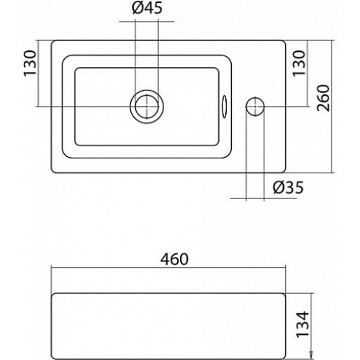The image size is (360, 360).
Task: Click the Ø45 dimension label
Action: click(147, 8)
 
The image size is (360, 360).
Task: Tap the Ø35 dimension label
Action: click(288, 187)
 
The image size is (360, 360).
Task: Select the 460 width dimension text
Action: click(174, 259)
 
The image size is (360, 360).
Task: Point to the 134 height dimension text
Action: click(302, 324)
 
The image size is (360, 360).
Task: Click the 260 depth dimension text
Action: click(323, 98)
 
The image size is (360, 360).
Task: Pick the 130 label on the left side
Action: click(30, 63)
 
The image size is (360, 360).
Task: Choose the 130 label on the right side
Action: click(300, 63)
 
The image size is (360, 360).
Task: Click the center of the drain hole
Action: click(147, 106)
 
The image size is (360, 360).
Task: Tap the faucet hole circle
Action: click(255, 106)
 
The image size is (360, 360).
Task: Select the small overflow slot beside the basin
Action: click(225, 107)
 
